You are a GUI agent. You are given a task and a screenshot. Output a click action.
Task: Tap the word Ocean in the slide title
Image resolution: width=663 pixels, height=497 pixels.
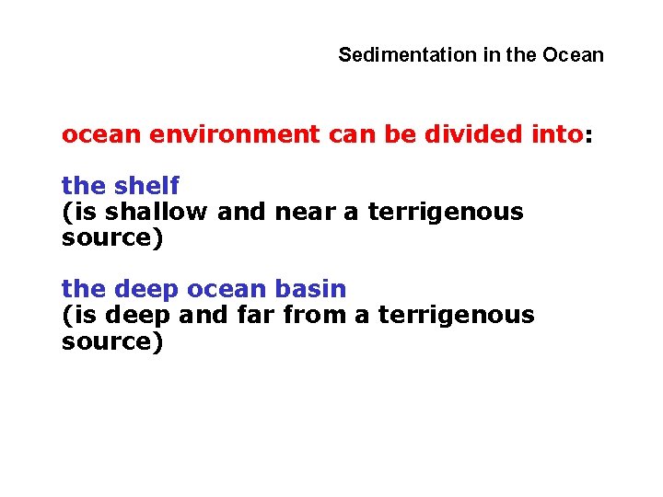point(573,55)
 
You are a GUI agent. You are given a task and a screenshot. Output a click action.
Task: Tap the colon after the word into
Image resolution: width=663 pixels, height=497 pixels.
point(589,136)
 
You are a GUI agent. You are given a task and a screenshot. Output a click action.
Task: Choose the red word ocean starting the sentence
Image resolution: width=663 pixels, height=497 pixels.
point(99,134)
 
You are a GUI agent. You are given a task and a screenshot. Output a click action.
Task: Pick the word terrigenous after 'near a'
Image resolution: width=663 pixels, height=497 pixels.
point(446,212)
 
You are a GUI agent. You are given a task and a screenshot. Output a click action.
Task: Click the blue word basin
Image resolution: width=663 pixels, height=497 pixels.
point(312,289)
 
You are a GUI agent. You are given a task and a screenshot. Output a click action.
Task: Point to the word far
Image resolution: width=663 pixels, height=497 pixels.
point(257,315)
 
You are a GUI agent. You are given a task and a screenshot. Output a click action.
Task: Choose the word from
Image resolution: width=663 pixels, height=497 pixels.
point(315,315)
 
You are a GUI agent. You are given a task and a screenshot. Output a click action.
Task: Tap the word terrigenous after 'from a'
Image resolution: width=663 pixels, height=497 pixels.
point(457,315)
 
